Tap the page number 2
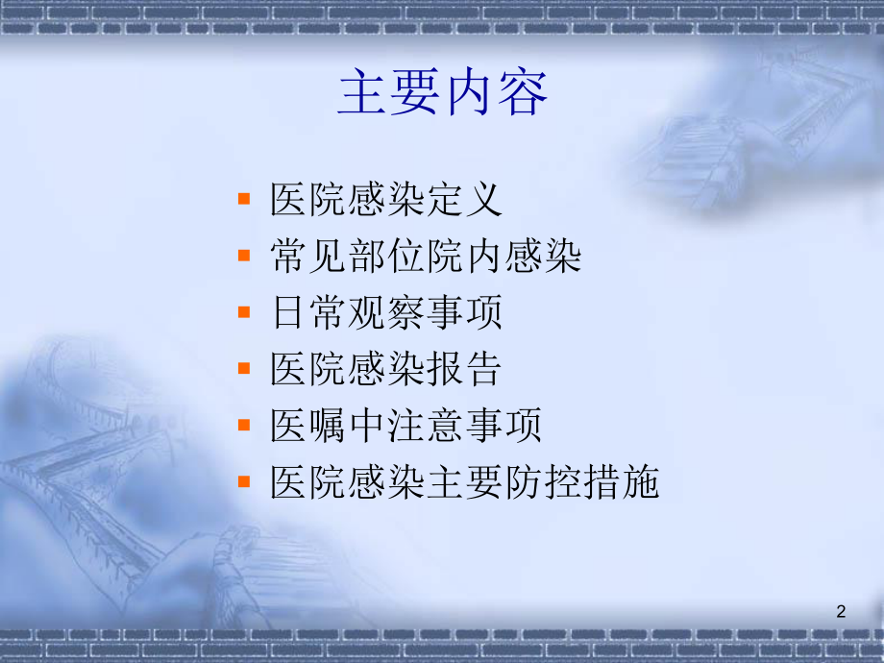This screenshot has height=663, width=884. tap(843, 612)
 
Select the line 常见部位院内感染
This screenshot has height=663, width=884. tap(426, 258)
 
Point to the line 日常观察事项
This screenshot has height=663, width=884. tap(386, 313)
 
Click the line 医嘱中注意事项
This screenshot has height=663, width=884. tap(405, 426)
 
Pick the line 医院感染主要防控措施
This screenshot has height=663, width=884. tap(465, 482)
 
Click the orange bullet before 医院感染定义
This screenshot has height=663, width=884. tap(245, 199)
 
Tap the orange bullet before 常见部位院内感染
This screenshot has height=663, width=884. tap(245, 256)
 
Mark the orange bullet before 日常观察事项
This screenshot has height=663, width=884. tap(245, 311)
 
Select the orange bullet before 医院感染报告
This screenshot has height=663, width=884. tap(245, 368)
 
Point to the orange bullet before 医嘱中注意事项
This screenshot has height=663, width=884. tap(245, 424)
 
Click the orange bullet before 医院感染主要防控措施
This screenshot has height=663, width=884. tap(245, 480)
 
